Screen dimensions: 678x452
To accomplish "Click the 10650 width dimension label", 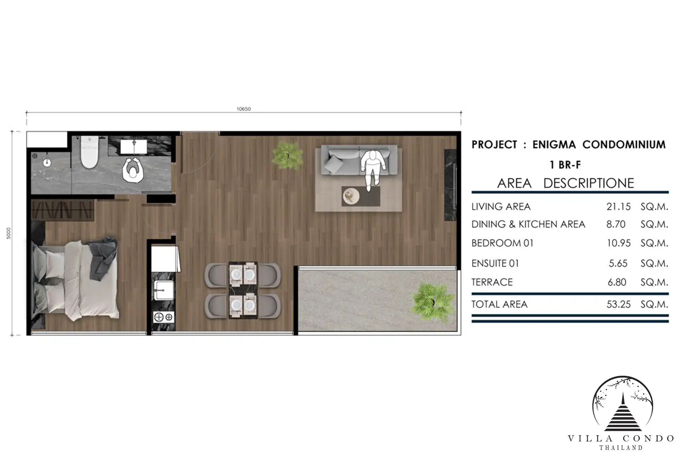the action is click(244, 109).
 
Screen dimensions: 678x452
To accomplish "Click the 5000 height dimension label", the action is click(9, 233).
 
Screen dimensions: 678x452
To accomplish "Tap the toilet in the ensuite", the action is click(89, 153).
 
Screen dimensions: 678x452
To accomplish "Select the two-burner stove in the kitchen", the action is click(164, 317).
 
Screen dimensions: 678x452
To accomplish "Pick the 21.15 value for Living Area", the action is click(618, 207).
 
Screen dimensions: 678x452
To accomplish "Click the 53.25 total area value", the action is click(618, 304).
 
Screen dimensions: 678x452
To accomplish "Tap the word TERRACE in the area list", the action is click(492, 282).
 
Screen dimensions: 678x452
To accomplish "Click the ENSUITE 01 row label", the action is click(495, 263).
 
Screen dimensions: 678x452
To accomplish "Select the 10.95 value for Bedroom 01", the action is click(618, 243).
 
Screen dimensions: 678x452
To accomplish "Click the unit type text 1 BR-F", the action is click(565, 165).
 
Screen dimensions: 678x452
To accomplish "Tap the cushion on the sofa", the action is click(334, 164).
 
